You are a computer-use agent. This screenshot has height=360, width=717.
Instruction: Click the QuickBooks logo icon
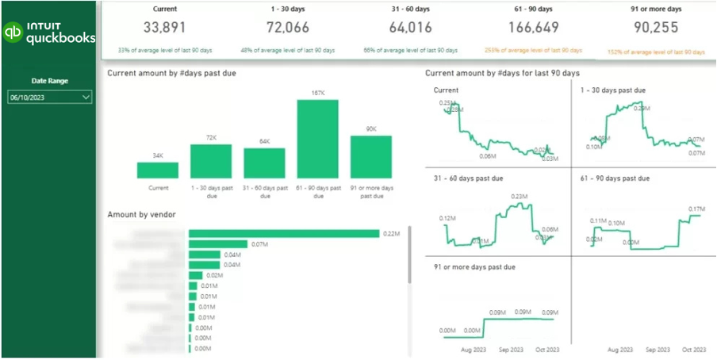coord(13,32)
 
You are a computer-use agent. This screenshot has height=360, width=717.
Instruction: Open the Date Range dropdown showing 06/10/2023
coord(49,98)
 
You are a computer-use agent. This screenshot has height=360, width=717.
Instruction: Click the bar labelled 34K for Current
coord(157,170)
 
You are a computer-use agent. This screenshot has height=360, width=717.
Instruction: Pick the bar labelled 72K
coord(211,161)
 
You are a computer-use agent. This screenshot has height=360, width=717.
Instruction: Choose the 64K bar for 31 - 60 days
coord(264,163)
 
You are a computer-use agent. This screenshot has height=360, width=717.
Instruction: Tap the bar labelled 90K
coord(371,157)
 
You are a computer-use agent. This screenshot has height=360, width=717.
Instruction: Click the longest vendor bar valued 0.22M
coord(284,233)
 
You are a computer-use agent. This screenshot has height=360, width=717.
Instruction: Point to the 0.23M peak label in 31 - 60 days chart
coord(519,197)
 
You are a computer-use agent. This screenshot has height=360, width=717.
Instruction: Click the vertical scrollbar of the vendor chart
coord(409,254)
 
